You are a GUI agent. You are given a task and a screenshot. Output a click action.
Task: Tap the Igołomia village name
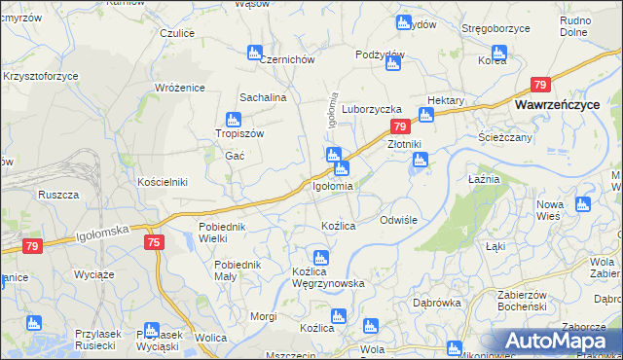[x=333, y=185]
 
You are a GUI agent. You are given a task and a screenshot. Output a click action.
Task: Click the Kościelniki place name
[x=162, y=182]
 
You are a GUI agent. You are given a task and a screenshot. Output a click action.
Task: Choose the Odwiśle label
[x=398, y=220]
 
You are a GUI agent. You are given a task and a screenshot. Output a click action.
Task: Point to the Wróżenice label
[x=180, y=88]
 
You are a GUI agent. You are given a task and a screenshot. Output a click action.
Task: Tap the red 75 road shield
[x=153, y=241]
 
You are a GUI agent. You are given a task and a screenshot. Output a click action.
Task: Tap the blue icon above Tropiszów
[x=233, y=120]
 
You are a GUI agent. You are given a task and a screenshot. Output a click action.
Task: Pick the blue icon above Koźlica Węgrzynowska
[x=321, y=258]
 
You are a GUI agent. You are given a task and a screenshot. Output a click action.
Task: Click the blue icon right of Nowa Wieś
[x=582, y=204]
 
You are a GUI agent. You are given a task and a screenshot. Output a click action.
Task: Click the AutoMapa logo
[x=558, y=341]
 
